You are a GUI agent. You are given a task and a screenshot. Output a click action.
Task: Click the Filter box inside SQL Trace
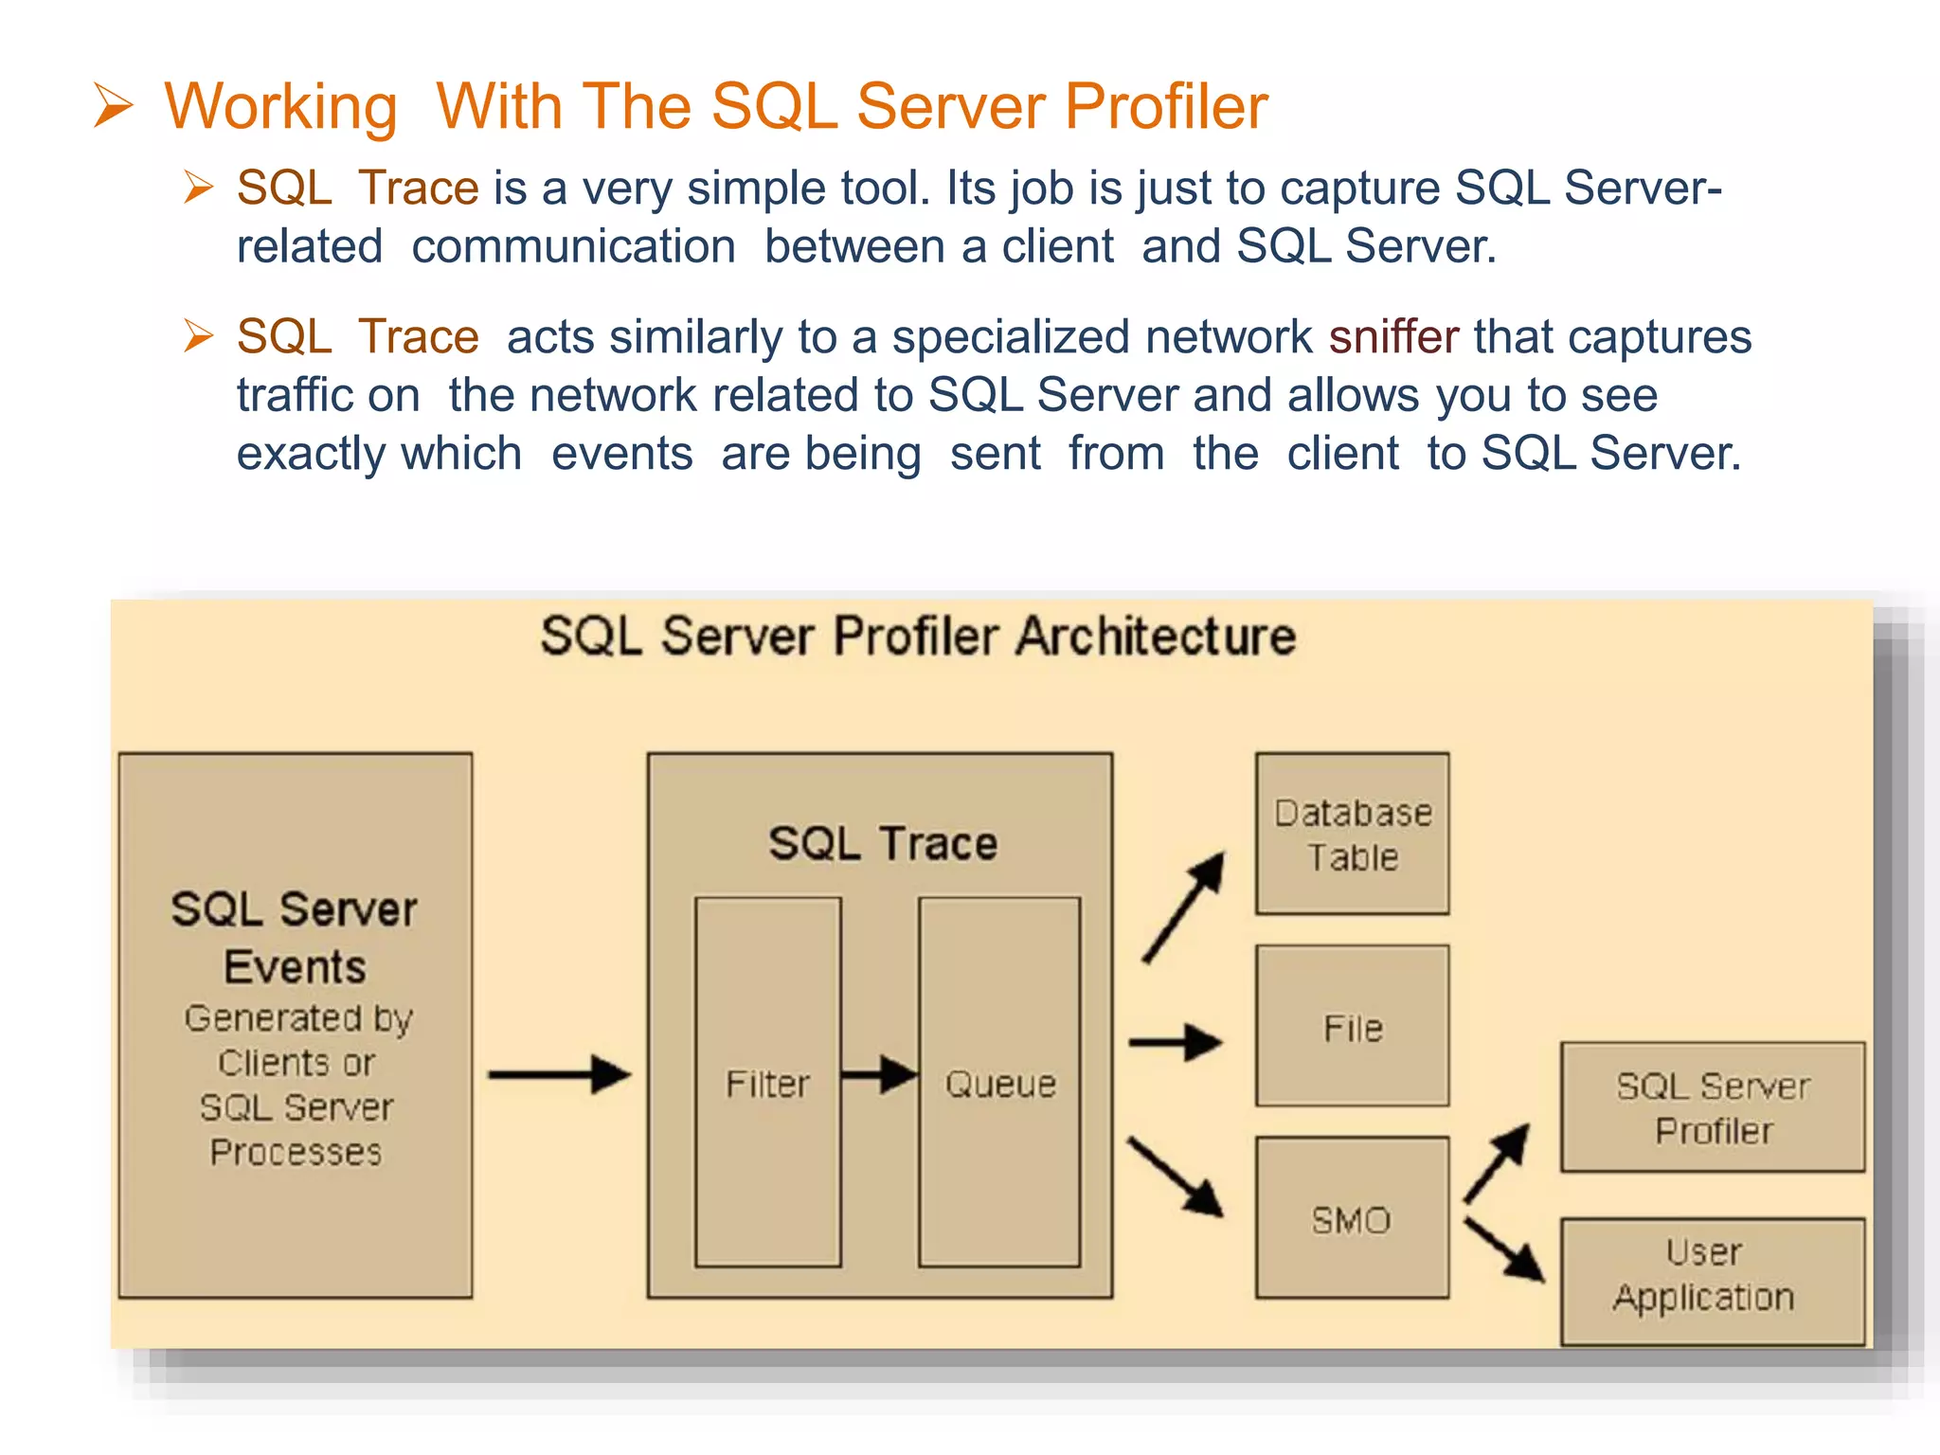(767, 1082)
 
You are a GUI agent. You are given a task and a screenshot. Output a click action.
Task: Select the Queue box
(999, 1082)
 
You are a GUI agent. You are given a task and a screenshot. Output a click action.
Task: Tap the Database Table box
(1352, 834)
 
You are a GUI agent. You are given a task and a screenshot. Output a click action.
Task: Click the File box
(1352, 1026)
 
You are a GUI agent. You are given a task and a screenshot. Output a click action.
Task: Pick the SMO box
(1352, 1218)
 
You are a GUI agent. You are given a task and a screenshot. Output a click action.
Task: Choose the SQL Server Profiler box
(1712, 1106)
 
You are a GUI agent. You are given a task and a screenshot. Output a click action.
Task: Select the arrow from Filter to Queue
(879, 1074)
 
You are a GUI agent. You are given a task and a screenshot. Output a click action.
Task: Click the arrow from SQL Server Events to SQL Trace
(559, 1074)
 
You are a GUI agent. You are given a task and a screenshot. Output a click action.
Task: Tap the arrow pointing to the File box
(1175, 1043)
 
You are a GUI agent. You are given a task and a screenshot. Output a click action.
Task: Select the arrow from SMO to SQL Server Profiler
(1497, 1163)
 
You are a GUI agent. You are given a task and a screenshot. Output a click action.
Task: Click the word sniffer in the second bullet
(1393, 337)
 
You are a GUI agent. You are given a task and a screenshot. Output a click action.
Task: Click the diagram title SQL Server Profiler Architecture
(917, 636)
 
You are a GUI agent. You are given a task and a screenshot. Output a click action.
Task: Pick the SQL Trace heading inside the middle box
(882, 843)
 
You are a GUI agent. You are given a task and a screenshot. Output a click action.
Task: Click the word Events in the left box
(295, 967)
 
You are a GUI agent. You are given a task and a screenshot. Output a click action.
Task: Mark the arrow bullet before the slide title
(114, 105)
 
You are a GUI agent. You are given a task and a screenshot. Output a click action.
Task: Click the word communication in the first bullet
(573, 246)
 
